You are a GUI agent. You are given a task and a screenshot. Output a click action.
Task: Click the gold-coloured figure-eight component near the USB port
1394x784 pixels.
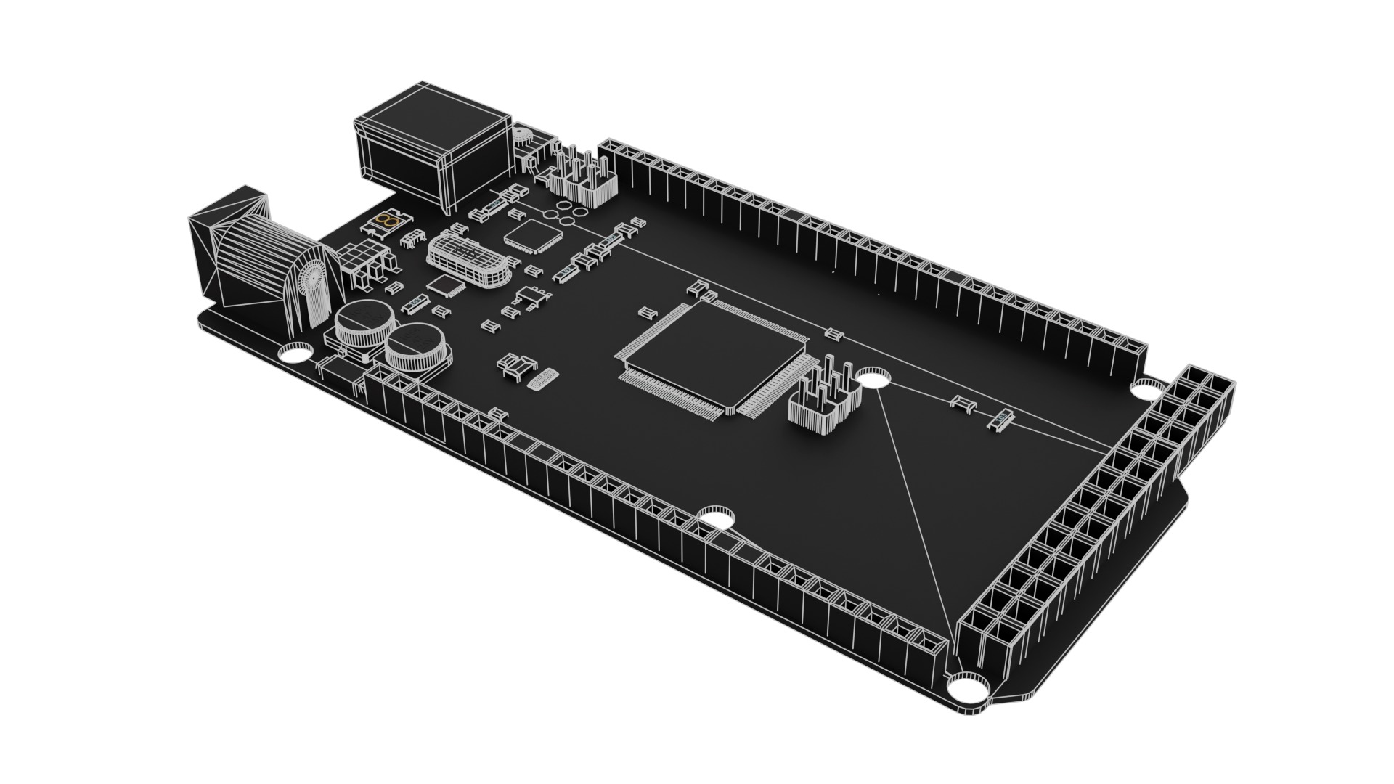390,219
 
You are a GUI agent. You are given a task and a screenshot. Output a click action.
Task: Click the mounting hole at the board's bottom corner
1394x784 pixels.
969,685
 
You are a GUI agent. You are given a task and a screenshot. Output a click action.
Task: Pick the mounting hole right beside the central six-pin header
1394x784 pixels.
873,377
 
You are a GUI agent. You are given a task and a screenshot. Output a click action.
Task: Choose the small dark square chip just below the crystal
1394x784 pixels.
444,285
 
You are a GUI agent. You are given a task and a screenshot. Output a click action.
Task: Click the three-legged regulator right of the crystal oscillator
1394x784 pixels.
532,298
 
